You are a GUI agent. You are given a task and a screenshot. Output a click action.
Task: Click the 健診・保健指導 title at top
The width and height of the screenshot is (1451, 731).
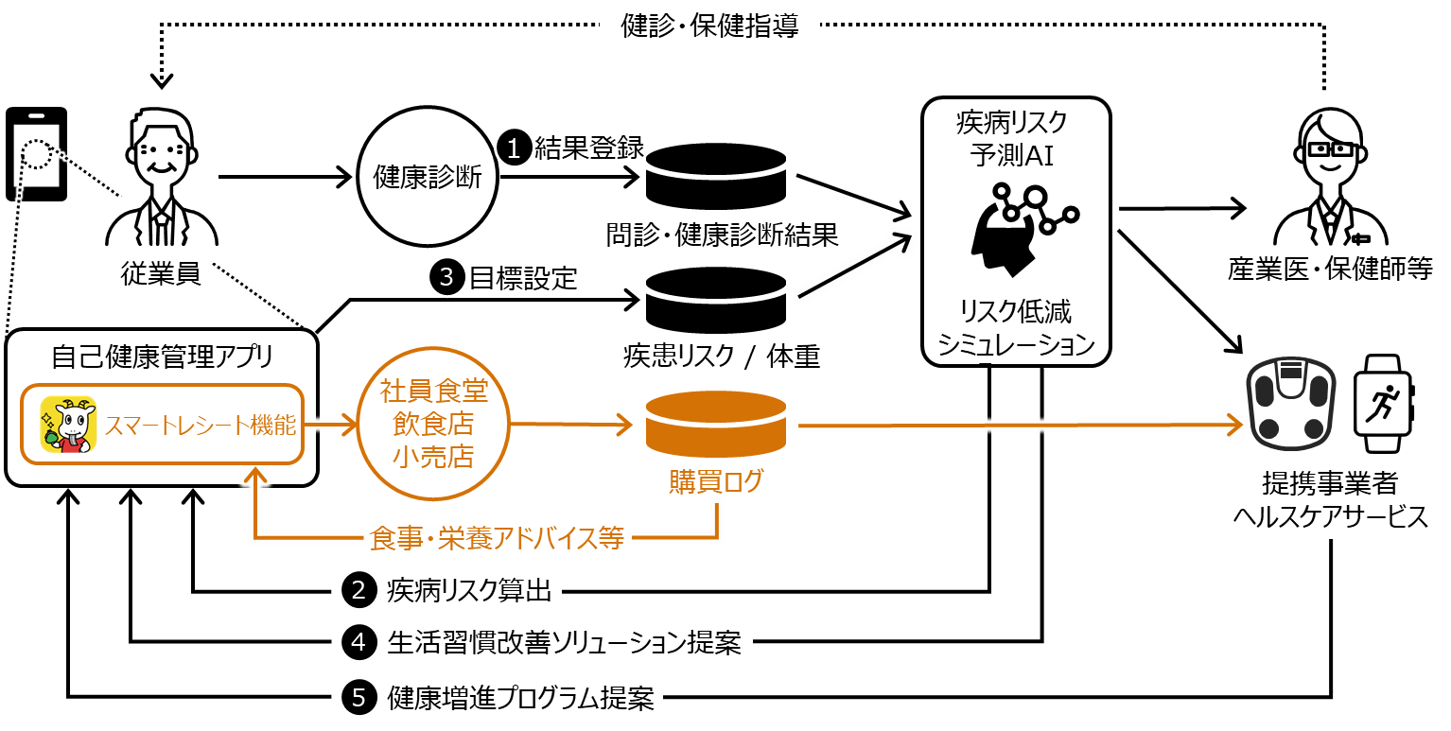pyautogui.click(x=709, y=25)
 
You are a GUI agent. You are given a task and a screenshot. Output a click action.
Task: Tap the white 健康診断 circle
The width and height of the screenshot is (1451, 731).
pyautogui.click(x=428, y=177)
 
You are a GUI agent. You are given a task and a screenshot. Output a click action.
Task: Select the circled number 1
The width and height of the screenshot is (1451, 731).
pyautogui.click(x=515, y=148)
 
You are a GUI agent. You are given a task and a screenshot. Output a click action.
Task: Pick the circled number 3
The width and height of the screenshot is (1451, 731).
pyautogui.click(x=446, y=277)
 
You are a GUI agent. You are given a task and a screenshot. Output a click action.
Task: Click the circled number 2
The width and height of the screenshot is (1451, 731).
pyautogui.click(x=358, y=590)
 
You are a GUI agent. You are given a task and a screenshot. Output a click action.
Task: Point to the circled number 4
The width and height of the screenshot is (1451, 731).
pyautogui.click(x=358, y=643)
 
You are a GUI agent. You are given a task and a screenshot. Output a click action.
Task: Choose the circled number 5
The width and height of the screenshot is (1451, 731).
pyautogui.click(x=358, y=698)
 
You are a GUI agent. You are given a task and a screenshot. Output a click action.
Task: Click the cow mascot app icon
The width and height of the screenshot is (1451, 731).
pyautogui.click(x=68, y=425)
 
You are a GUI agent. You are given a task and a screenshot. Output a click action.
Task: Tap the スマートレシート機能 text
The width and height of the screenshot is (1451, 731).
pyautogui.click(x=200, y=426)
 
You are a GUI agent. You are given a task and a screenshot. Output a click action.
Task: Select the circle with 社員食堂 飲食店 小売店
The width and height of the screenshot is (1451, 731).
pyautogui.click(x=433, y=424)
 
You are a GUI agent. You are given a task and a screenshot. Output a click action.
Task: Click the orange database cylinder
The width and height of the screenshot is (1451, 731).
pyautogui.click(x=716, y=424)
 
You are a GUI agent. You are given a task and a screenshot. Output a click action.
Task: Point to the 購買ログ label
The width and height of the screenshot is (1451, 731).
pyautogui.click(x=716, y=482)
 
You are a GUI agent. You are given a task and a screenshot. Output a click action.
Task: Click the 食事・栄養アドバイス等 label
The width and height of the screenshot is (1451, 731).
pyautogui.click(x=497, y=539)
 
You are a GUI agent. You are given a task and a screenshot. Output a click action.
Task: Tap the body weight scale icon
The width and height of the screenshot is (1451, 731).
pyautogui.click(x=1290, y=404)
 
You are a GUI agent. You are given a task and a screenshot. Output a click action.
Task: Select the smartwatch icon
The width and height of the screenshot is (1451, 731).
pyautogui.click(x=1383, y=404)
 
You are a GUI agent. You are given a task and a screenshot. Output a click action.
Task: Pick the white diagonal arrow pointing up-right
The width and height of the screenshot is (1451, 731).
pyautogui.click(x=854, y=265)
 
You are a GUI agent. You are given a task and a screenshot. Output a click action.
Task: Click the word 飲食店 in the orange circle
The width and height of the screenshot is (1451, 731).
pyautogui.click(x=433, y=424)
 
